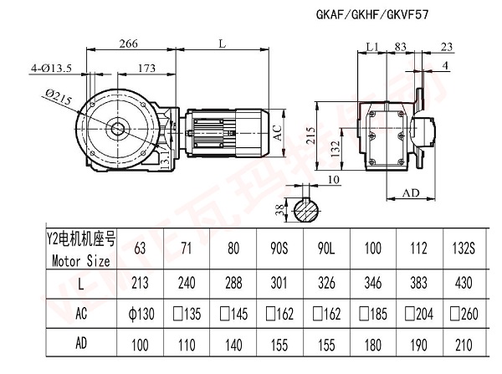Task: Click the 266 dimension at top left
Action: tap(128, 44)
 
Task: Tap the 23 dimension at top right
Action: tap(448, 46)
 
